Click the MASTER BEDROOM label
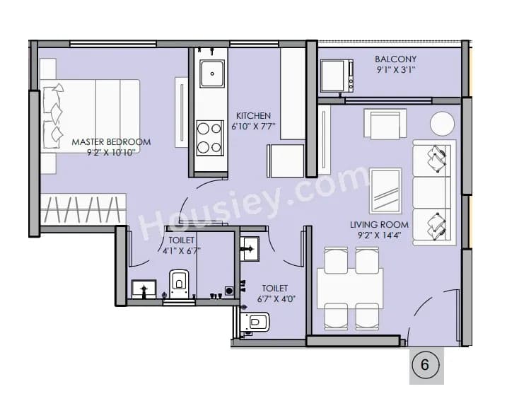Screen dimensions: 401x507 click(111, 142)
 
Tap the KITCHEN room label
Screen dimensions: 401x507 click(253, 116)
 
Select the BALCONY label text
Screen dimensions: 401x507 click(395, 59)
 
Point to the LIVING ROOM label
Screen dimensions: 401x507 click(380, 225)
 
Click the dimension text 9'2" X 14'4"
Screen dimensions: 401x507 click(380, 236)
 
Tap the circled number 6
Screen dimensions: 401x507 click(425, 365)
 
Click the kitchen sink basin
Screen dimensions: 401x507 click(211, 74)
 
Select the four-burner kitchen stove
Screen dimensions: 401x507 click(210, 138)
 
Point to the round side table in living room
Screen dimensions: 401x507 click(443, 124)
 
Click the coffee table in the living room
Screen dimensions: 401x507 click(385, 190)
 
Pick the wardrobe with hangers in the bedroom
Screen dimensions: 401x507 click(83, 210)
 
